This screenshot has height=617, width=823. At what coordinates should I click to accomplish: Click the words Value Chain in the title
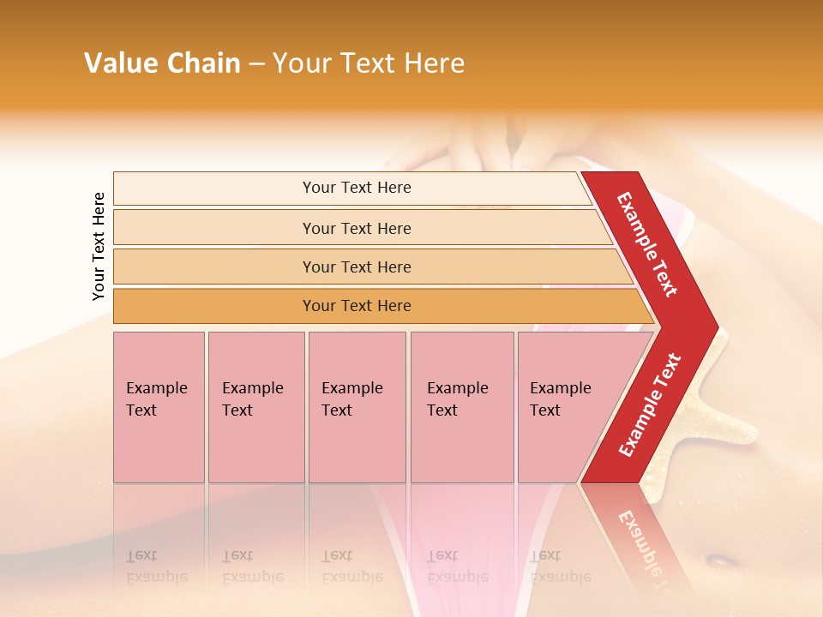point(162,63)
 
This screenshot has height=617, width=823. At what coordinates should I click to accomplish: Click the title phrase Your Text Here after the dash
point(369,63)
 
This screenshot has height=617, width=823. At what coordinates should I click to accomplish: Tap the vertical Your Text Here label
point(99,246)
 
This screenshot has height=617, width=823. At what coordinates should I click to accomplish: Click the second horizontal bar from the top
point(356,228)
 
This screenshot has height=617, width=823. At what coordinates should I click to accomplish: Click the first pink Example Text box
point(159,407)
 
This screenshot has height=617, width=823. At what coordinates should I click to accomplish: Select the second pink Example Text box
point(256,407)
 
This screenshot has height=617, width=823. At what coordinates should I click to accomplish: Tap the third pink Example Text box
point(357,407)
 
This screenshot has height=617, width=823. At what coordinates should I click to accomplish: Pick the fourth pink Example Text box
point(462,407)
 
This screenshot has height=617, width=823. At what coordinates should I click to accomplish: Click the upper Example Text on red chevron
point(647,244)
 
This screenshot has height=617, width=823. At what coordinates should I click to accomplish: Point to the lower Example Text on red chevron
point(650,405)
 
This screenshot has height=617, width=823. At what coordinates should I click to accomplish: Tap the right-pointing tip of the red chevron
point(713,327)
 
